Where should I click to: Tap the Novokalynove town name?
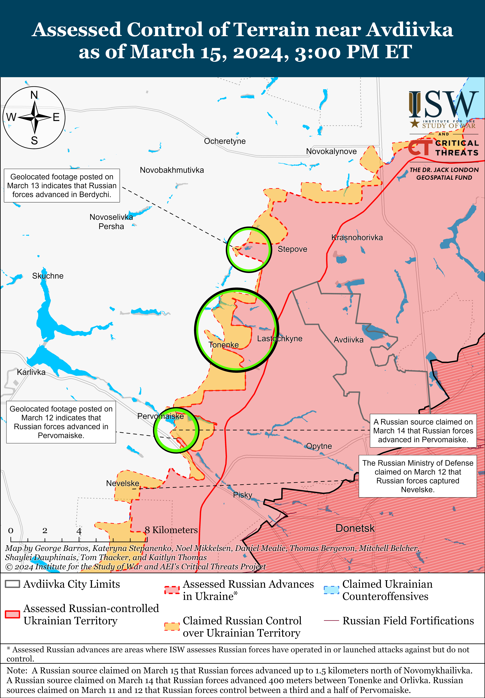(x=331, y=151)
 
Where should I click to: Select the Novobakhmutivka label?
(x=172, y=170)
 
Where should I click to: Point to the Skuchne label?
(x=48, y=276)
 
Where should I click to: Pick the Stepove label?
(x=292, y=249)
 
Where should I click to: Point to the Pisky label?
(x=242, y=495)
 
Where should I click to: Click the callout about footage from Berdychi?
(x=62, y=186)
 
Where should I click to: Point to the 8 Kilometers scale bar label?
(x=171, y=530)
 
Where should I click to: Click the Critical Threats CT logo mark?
(x=420, y=148)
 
